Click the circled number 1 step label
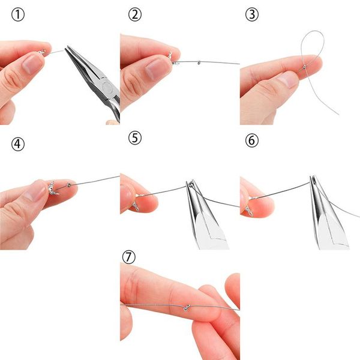tap(17, 15)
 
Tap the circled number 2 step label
tap(135, 15)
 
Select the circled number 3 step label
tap(252, 15)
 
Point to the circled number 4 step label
tap(17, 145)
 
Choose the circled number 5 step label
tap(135, 138)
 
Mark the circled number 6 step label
tap(252, 140)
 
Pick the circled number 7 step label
tap(129, 257)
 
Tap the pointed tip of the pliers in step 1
tap(67, 47)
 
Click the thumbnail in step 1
tap(33, 64)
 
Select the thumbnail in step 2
tap(155, 68)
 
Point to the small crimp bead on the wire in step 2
tap(199, 62)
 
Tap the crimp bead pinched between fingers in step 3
tap(304, 67)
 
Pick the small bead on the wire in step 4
tap(69, 185)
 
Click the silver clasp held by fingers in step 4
tap(53, 189)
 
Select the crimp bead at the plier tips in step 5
tap(191, 184)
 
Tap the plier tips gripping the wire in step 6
tap(313, 180)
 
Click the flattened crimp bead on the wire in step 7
tap(187, 307)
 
